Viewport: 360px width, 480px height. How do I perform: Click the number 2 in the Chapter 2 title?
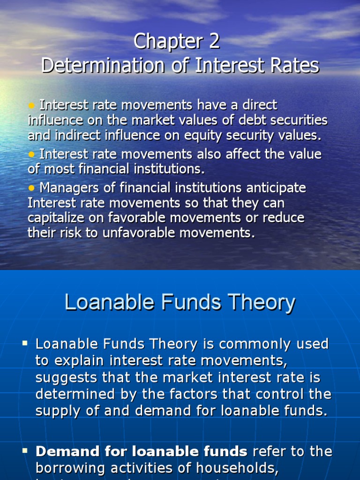[x=213, y=42]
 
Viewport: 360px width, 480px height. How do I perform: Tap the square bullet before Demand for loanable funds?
[x=25, y=450]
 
